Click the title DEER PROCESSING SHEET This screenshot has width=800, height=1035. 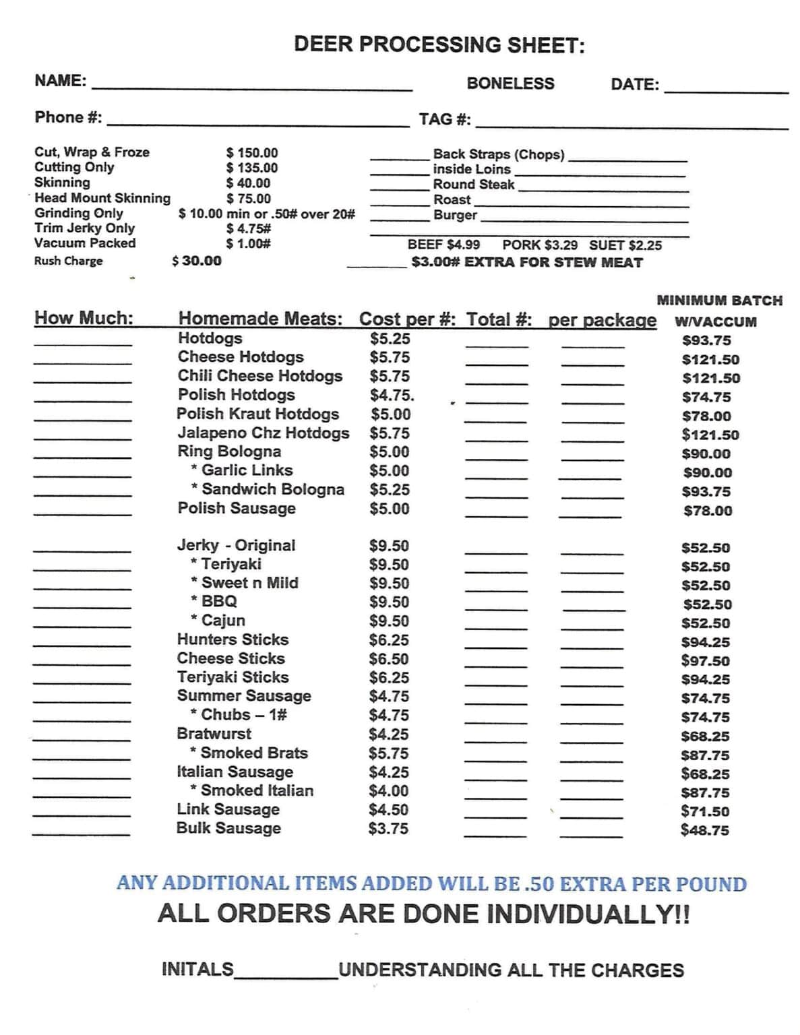tap(439, 45)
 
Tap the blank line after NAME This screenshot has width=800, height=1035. tap(251, 86)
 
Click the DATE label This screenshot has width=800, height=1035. tap(634, 84)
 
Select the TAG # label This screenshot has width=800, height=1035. tap(444, 119)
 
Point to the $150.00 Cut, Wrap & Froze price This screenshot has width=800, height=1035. tap(251, 153)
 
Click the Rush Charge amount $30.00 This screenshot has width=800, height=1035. tap(197, 261)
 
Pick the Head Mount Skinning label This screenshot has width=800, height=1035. tap(102, 198)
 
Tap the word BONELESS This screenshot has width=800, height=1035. tap(510, 84)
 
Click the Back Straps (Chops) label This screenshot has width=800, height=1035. tap(498, 154)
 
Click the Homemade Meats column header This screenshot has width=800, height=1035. tap(260, 318)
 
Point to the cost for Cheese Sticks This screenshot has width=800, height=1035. tap(389, 659)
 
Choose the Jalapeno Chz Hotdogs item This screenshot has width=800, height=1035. tap(264, 433)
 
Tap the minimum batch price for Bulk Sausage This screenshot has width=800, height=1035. tap(704, 830)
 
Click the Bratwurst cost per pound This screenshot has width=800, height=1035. tap(389, 734)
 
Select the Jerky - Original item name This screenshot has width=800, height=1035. tap(236, 545)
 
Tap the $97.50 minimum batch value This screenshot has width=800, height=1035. tap(705, 661)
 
